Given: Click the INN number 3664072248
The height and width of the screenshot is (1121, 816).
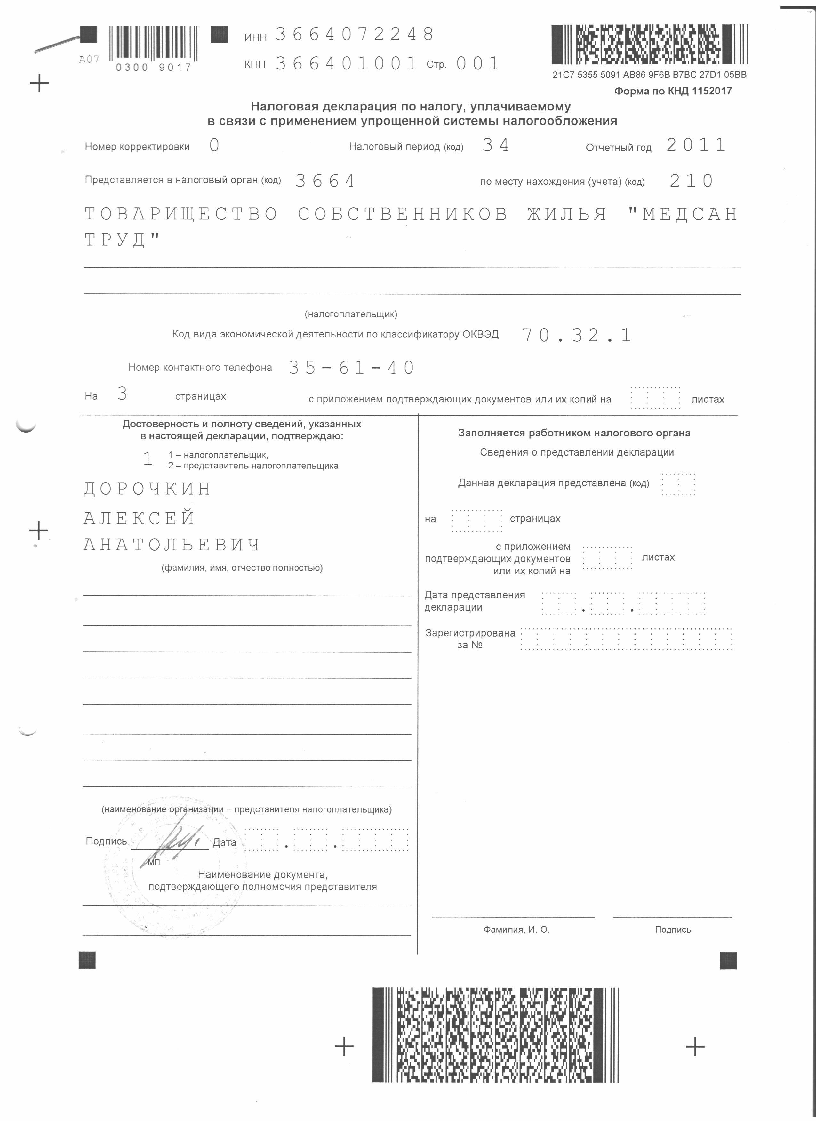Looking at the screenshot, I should [x=354, y=35].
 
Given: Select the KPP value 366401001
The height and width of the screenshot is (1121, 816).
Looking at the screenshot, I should [x=346, y=63].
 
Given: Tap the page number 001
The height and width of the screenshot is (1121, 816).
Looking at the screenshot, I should [x=477, y=63].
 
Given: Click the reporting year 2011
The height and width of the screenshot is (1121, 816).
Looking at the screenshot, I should [x=696, y=145].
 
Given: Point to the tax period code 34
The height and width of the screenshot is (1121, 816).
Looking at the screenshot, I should [x=495, y=145].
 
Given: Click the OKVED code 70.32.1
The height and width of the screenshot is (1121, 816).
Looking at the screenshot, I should [x=576, y=335].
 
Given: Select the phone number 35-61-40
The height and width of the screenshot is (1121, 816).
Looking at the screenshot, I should [x=351, y=368].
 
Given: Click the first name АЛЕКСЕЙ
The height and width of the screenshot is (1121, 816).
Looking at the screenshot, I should [x=139, y=518].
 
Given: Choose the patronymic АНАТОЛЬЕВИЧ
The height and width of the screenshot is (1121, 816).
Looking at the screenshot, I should [x=172, y=545].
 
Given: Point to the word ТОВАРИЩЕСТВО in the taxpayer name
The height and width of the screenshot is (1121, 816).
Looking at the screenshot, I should [x=181, y=214].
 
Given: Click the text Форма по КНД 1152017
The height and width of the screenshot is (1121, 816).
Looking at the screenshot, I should [x=673, y=91].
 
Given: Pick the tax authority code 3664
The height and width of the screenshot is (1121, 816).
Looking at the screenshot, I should [x=325, y=181].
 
